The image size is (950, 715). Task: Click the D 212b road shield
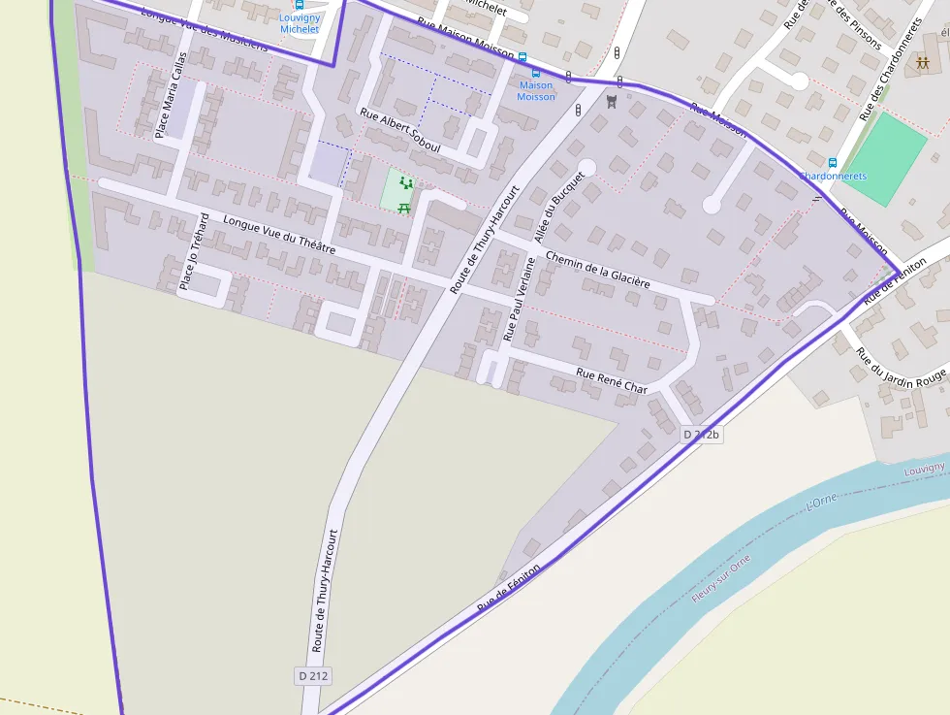point(702,435)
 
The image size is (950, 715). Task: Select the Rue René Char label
point(612,380)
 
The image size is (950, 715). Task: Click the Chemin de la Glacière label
point(597,270)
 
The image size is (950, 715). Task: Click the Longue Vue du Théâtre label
point(279,235)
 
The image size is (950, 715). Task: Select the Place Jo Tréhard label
point(194,251)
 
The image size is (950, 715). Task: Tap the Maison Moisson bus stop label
point(536,91)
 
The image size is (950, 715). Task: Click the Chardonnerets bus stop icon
point(832,162)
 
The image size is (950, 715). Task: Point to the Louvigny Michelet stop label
point(299,23)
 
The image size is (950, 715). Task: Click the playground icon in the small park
point(406,182)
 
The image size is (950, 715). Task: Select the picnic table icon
point(404,207)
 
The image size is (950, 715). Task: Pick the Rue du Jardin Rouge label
point(901,370)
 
